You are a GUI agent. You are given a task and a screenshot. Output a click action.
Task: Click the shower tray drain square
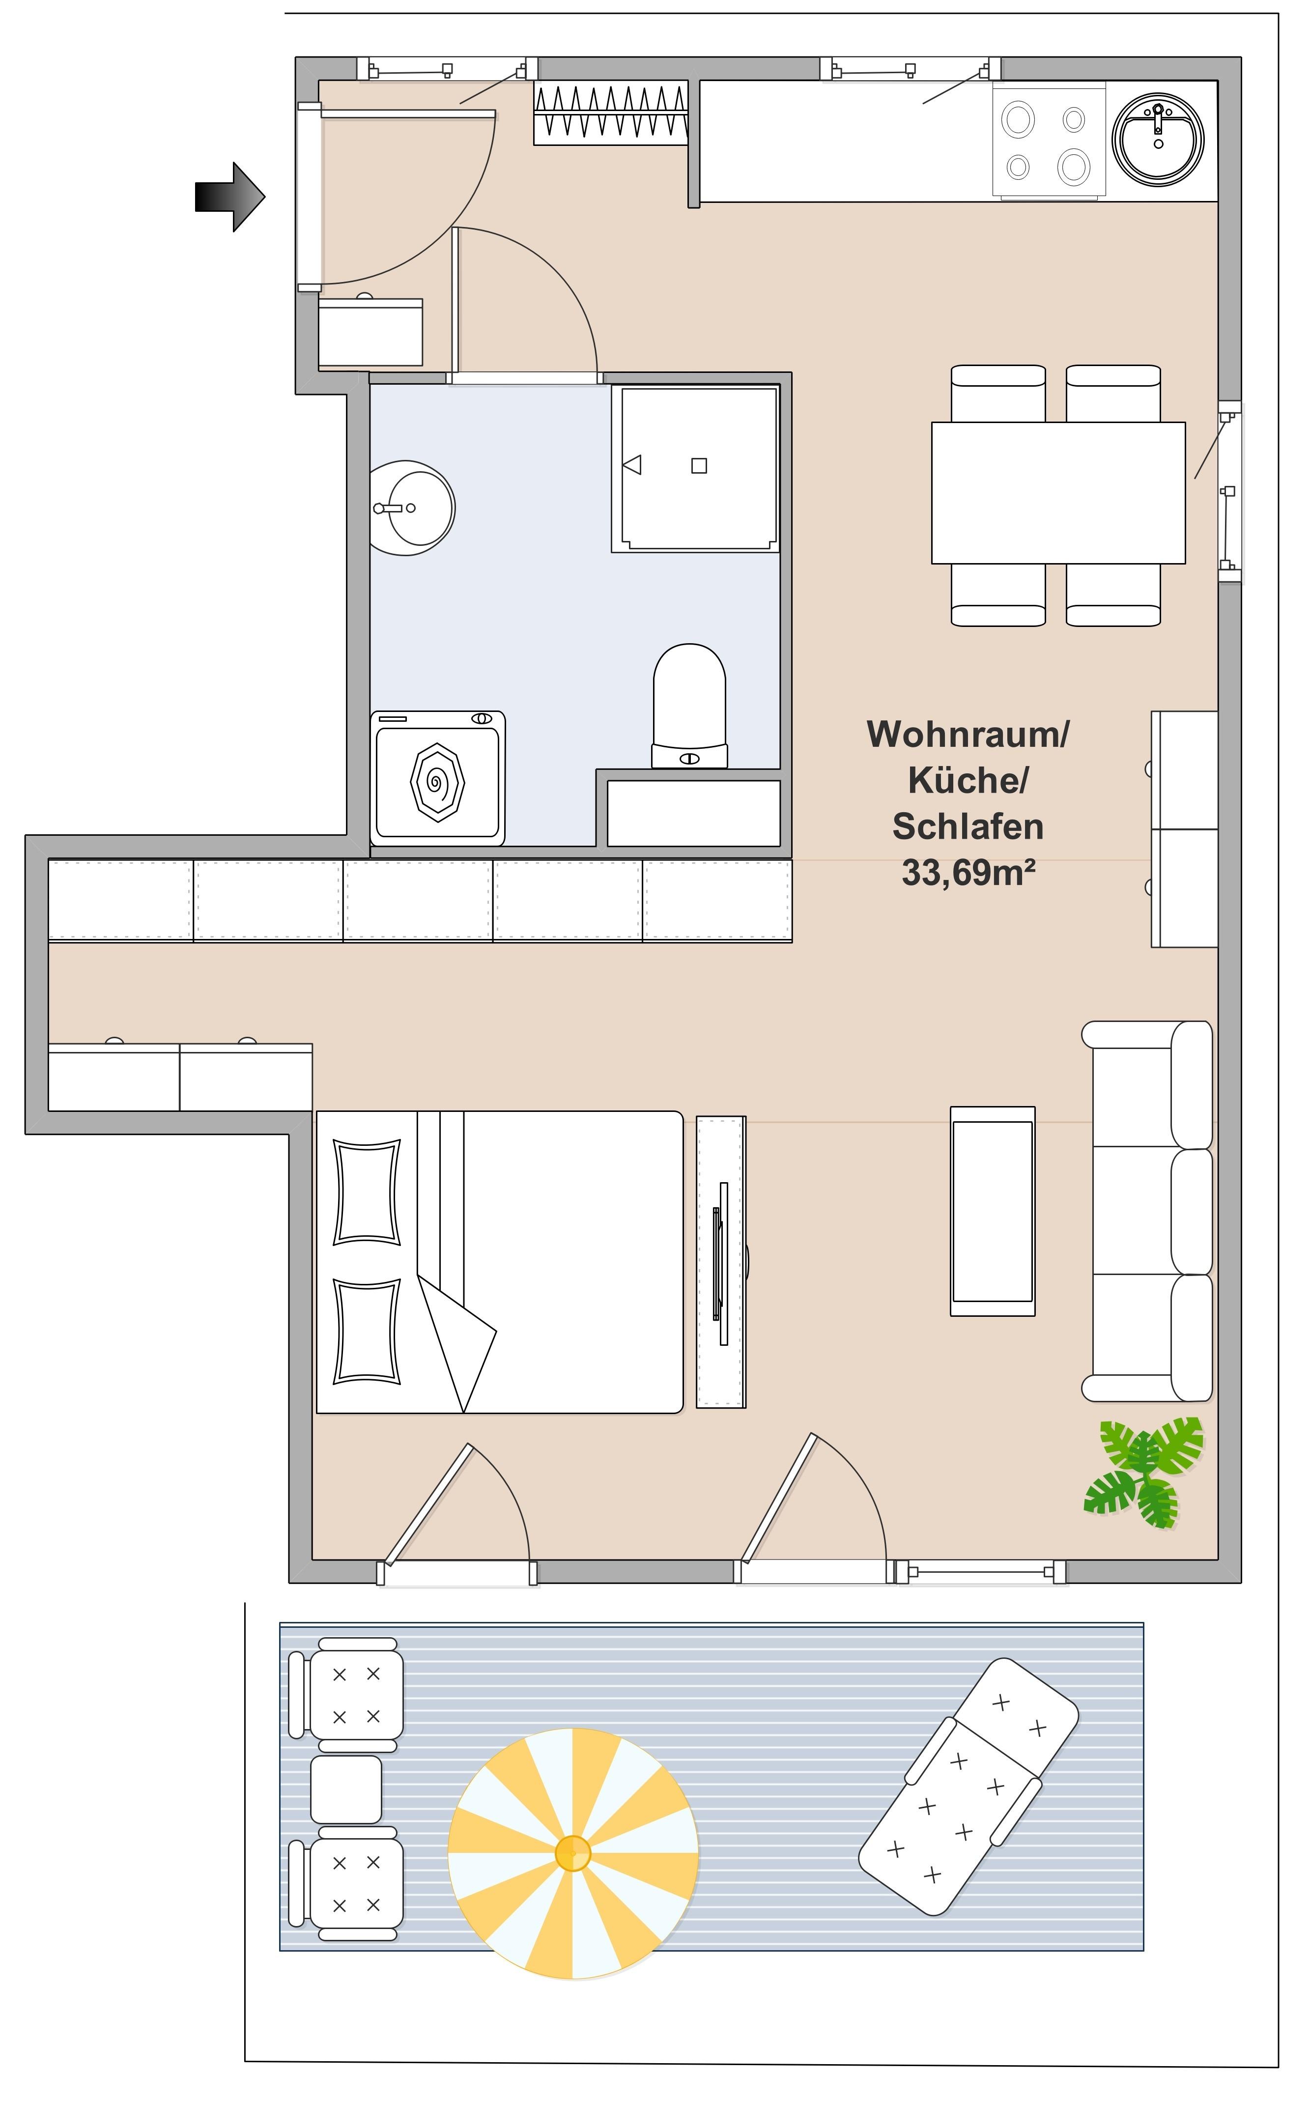[699, 466]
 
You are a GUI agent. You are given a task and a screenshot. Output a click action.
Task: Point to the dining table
[1058, 493]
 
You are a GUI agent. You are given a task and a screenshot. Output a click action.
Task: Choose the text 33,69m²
[968, 873]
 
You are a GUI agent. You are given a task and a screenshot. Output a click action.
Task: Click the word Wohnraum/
[968, 734]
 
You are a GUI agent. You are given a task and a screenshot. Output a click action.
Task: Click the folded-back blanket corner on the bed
[457, 1344]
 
